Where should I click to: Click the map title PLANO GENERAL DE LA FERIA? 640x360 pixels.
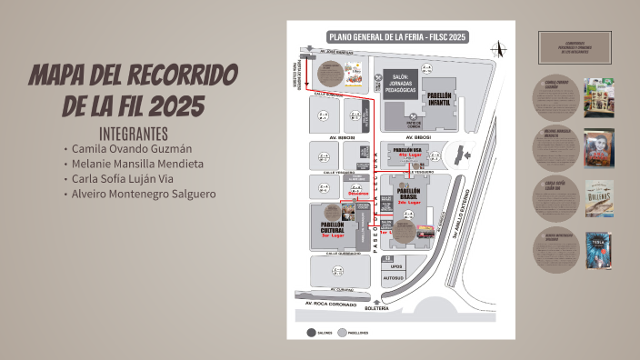tap(396, 37)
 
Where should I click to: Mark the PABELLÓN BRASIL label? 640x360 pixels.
tap(414, 194)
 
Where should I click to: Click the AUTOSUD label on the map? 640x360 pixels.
tap(393, 277)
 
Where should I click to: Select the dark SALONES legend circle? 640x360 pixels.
tap(311, 333)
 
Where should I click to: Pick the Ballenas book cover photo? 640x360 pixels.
tap(599, 197)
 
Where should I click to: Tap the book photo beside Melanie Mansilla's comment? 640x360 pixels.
tap(599, 146)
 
